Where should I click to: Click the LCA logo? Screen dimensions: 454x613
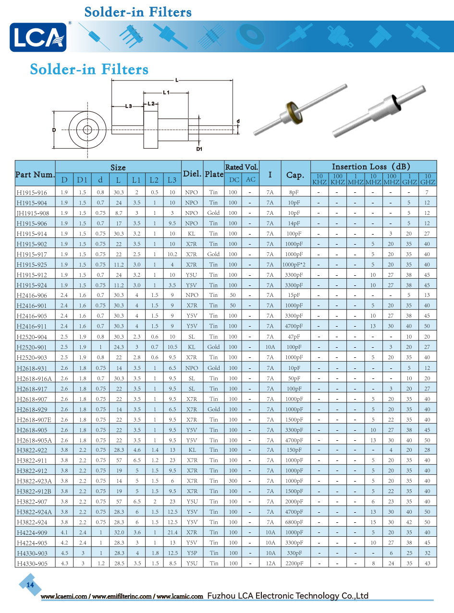point(38,37)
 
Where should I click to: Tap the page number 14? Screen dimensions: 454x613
point(30,585)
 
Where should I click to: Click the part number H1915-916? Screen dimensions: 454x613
point(32,193)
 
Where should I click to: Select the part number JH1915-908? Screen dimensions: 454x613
point(33,213)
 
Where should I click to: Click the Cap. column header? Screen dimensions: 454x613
point(295,175)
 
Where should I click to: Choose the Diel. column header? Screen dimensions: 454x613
point(192,174)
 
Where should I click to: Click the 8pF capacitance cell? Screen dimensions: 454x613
point(294,192)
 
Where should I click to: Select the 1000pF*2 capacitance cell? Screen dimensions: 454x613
point(294,264)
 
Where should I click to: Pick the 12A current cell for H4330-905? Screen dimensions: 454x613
point(270,563)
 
